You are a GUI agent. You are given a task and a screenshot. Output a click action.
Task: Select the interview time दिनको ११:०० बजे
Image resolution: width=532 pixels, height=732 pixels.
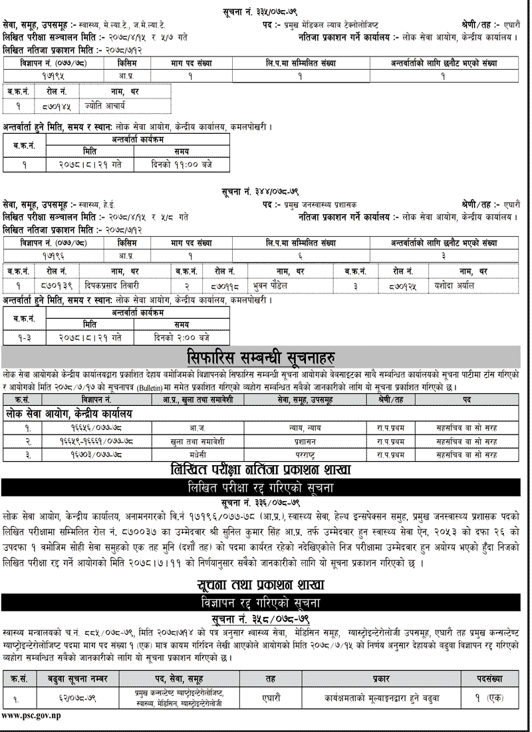coord(180,164)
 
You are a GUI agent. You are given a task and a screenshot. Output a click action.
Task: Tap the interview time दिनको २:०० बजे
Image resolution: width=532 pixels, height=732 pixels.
coord(181,338)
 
